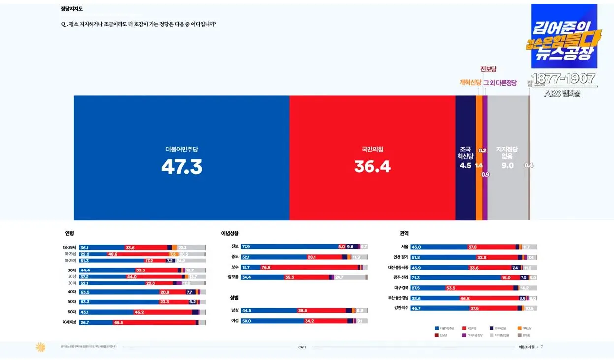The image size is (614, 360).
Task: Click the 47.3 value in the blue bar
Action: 182,167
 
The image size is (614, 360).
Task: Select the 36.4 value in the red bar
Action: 372,167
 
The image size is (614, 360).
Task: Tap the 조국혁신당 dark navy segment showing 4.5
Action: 465,157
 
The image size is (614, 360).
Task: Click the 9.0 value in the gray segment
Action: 507,166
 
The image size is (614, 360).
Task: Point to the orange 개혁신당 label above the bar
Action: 470,83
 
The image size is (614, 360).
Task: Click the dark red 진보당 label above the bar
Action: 488,69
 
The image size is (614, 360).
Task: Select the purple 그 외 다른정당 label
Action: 500,83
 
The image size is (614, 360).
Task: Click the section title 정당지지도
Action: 72,8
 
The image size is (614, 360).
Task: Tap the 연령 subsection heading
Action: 69,233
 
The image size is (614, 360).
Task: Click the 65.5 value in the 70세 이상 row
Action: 118,323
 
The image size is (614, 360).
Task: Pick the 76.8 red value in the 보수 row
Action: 266,267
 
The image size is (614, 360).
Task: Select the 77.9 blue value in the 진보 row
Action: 246,247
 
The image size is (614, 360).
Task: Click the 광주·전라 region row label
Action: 398,278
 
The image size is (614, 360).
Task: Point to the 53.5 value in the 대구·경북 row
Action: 450,288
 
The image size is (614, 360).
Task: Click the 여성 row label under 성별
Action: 235,321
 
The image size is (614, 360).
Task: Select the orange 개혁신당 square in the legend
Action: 520,328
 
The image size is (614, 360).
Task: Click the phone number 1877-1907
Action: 563,79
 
